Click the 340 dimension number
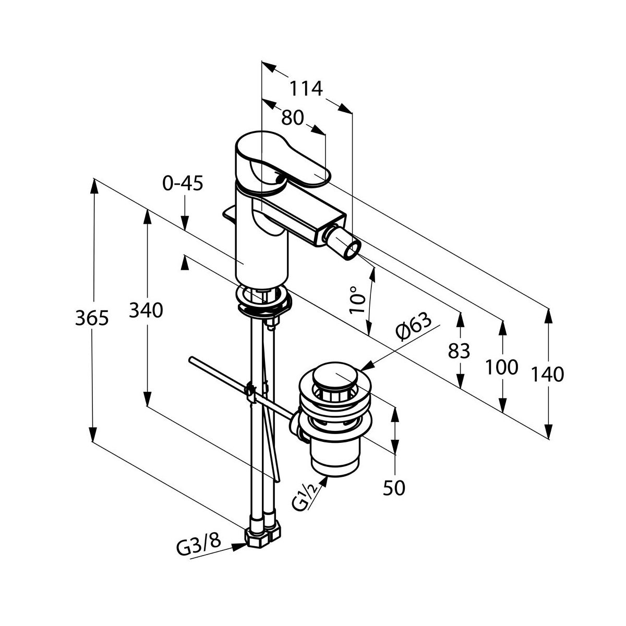[x=147, y=310]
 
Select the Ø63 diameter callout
[x=414, y=328]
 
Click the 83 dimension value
[x=460, y=351]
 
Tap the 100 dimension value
[x=502, y=367]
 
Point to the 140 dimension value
[x=548, y=374]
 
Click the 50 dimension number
[x=394, y=487]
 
